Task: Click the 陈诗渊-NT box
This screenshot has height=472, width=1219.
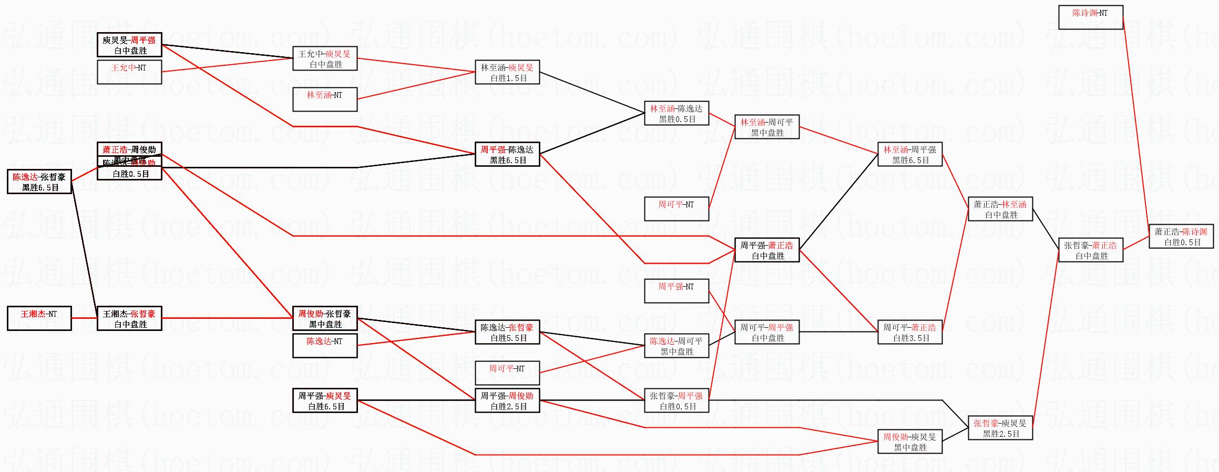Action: click(1090, 17)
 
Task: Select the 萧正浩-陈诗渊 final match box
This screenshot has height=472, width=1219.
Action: click(1181, 236)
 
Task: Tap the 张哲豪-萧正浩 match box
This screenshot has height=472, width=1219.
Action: click(1090, 250)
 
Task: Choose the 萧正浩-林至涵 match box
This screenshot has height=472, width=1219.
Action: click(1000, 209)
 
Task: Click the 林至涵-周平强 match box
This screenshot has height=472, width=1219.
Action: click(909, 154)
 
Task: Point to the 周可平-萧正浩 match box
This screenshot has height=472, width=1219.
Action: click(909, 332)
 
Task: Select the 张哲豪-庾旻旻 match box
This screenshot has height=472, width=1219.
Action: click(1000, 428)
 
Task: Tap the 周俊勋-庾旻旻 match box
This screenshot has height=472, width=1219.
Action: click(909, 441)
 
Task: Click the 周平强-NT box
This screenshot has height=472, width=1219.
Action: click(676, 291)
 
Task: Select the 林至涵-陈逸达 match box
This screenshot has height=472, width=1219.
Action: click(676, 113)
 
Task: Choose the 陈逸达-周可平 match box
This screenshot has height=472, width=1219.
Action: click(676, 346)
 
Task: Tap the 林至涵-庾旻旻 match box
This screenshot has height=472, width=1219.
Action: click(507, 72)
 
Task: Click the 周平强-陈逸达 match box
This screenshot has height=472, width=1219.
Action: click(507, 154)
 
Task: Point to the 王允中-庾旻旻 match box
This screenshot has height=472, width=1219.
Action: click(324, 58)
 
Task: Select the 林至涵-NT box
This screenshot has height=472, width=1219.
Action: click(324, 99)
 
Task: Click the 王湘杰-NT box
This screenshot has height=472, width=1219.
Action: click(39, 318)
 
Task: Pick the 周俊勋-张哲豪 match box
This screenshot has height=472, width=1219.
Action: click(324, 318)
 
